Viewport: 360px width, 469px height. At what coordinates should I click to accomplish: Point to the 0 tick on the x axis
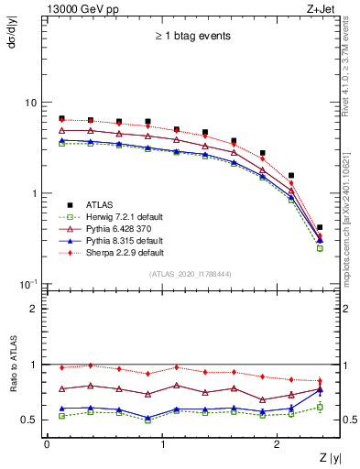[47, 443]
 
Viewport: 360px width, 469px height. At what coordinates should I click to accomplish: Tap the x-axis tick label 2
[278, 443]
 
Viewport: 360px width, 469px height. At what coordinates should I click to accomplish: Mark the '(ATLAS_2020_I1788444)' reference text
[190, 274]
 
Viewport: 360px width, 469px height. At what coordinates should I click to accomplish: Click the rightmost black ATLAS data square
[320, 227]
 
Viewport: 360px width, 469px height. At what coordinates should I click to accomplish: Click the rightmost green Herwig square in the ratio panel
[320, 407]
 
